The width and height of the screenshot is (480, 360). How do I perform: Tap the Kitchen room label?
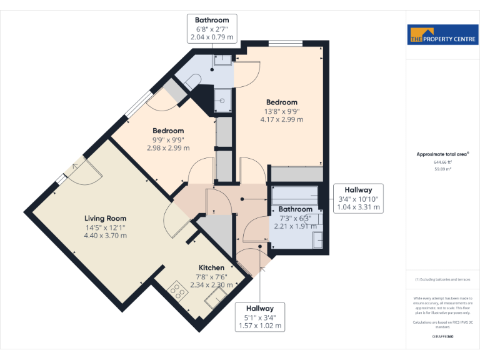[x=211, y=267]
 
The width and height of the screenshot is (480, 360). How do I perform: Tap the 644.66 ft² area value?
[x=442, y=162]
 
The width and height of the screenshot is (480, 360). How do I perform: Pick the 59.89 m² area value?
[x=442, y=168]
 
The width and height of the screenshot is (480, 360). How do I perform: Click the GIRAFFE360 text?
[x=442, y=337]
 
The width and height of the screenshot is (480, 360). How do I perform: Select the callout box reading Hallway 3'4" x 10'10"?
[x=358, y=199]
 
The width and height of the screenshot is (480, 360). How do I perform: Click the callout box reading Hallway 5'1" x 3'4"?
[x=259, y=317]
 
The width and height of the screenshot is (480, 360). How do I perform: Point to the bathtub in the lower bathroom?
[x=294, y=195]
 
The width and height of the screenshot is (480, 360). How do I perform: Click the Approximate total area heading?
[x=442, y=154]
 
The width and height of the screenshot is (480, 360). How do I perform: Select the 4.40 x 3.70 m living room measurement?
[x=106, y=236]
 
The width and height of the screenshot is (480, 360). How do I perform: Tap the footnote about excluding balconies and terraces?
[x=442, y=279]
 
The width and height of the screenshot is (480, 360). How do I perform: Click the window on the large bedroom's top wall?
[x=284, y=42]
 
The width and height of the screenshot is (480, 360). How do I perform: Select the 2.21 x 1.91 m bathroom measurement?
[x=294, y=227]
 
